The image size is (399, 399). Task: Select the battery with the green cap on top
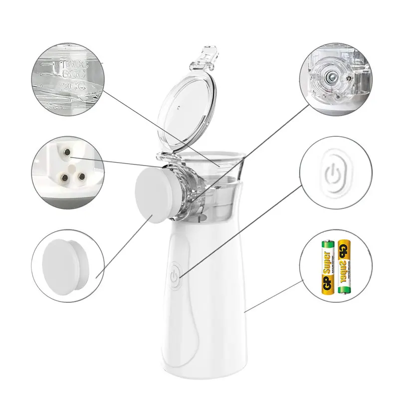point(327,267)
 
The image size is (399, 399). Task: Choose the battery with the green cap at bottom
point(343,267)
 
